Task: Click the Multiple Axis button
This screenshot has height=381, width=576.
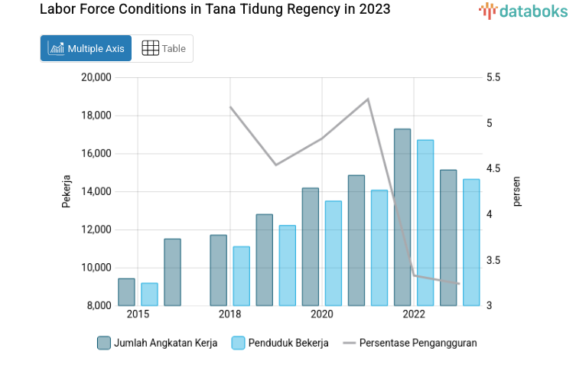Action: [x=86, y=48]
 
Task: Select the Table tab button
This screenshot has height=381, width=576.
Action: [x=164, y=48]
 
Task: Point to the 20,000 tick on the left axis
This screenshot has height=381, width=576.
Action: [x=96, y=77]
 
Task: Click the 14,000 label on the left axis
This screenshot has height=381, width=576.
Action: [x=96, y=191]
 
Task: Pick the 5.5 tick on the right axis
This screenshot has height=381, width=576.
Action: [x=493, y=77]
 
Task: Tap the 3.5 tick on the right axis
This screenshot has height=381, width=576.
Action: [x=493, y=260]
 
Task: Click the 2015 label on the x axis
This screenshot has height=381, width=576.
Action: [x=138, y=314]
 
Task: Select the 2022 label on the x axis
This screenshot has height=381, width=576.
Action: [x=414, y=314]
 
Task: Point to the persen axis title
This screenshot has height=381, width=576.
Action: [x=516, y=191]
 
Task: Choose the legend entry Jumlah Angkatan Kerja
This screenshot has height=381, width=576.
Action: [x=158, y=343]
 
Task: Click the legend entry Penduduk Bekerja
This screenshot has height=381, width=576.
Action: [x=280, y=343]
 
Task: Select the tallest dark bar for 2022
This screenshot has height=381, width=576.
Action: [x=402, y=218]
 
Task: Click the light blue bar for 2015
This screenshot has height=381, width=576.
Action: [x=149, y=295]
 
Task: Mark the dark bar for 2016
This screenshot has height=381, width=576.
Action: [x=173, y=272]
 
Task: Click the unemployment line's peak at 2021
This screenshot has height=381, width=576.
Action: [x=368, y=99]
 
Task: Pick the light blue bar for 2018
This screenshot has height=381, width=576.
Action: [x=241, y=276]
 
